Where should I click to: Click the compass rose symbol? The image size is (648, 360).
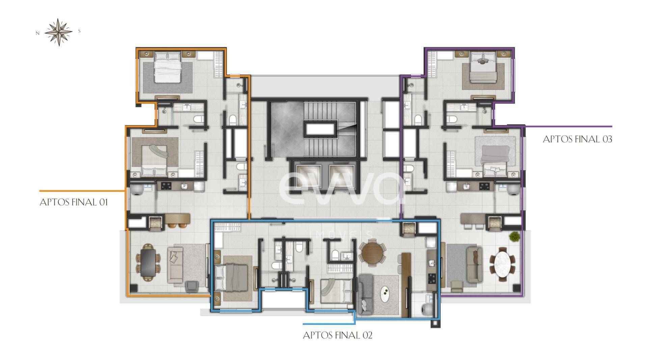coord(59,32)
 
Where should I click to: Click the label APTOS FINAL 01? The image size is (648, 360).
coord(74,203)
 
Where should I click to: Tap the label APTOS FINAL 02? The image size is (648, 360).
coord(337,335)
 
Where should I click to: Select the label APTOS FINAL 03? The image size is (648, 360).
coord(577,139)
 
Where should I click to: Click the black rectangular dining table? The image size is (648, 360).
coord(148,263)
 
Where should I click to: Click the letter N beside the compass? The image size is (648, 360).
coord(38,33)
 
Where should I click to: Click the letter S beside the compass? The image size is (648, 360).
coord(79,31)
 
